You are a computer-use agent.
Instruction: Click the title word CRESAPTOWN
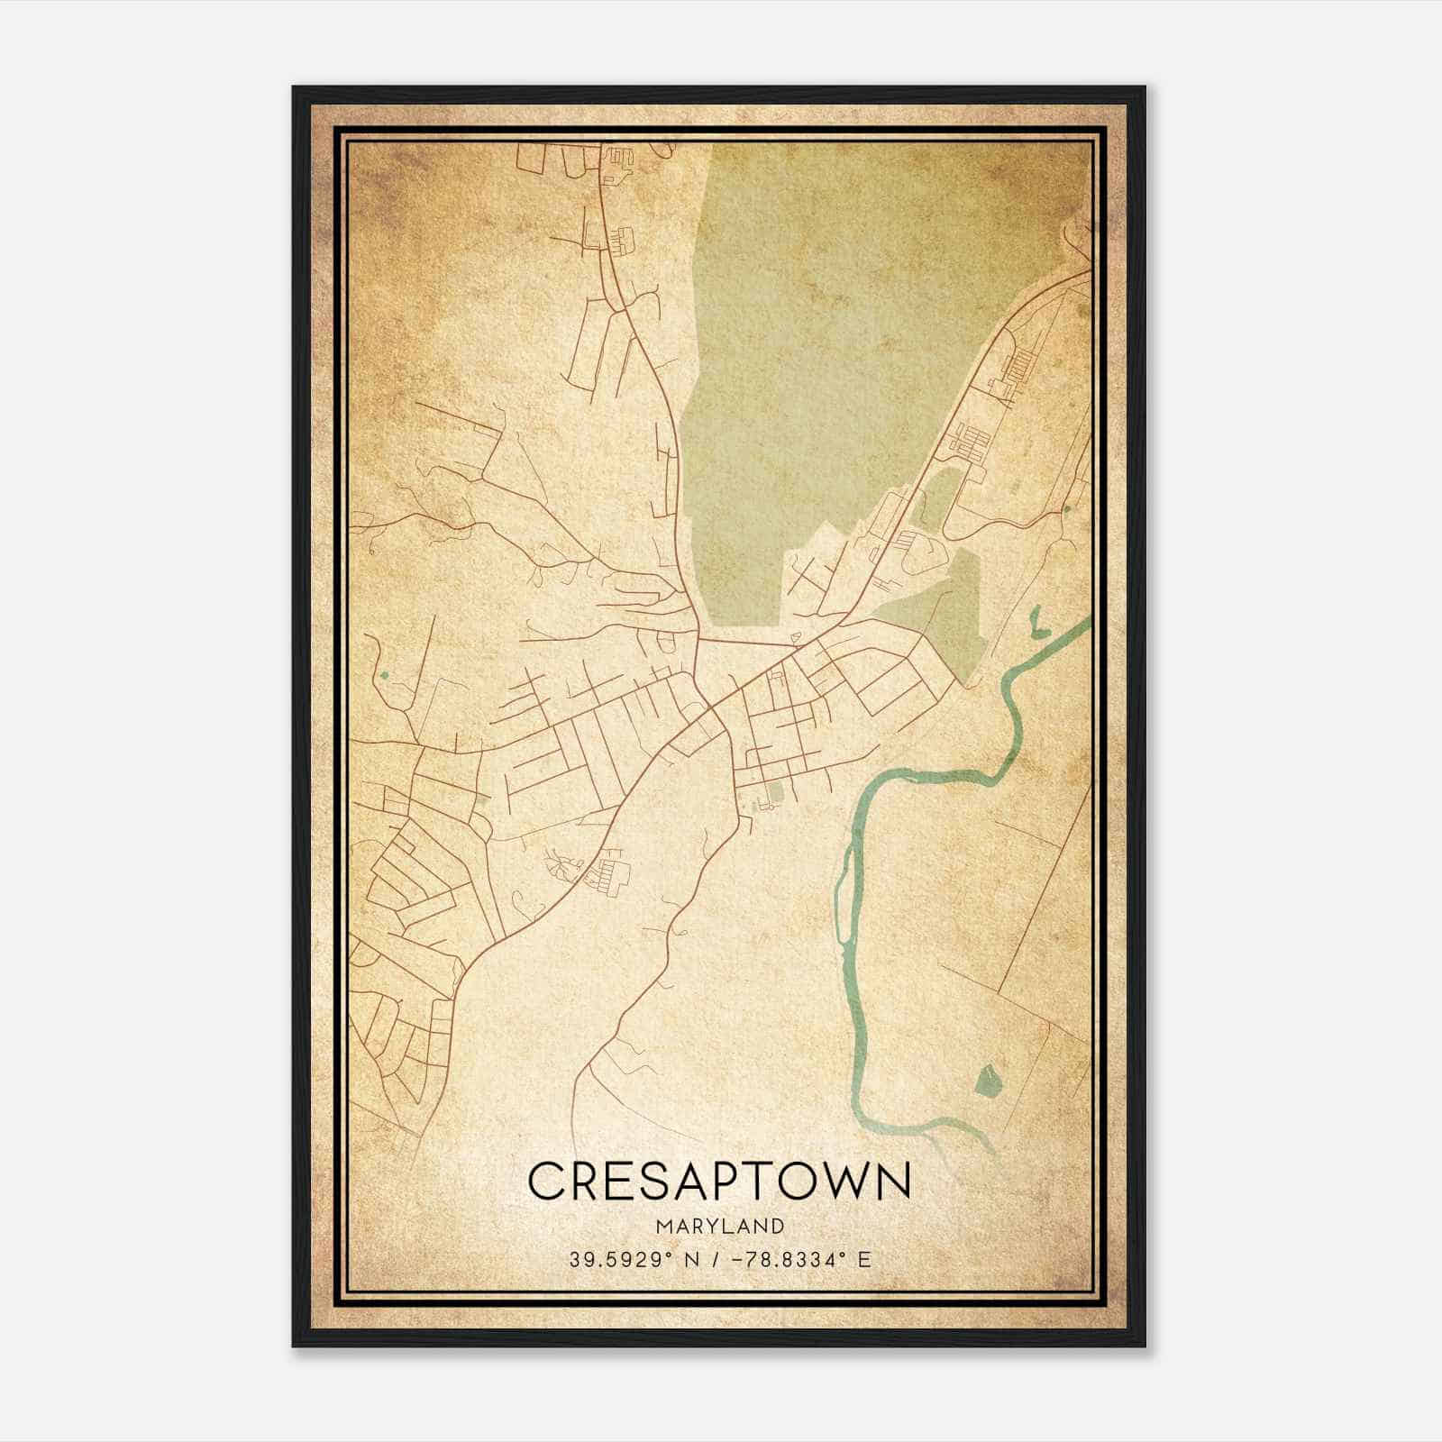(x=719, y=1181)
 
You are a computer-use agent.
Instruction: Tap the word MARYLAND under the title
(x=719, y=1226)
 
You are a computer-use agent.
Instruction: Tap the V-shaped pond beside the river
(x=1035, y=621)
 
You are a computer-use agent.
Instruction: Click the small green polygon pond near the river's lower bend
(x=989, y=1078)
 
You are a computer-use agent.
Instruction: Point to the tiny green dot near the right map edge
(x=1067, y=509)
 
